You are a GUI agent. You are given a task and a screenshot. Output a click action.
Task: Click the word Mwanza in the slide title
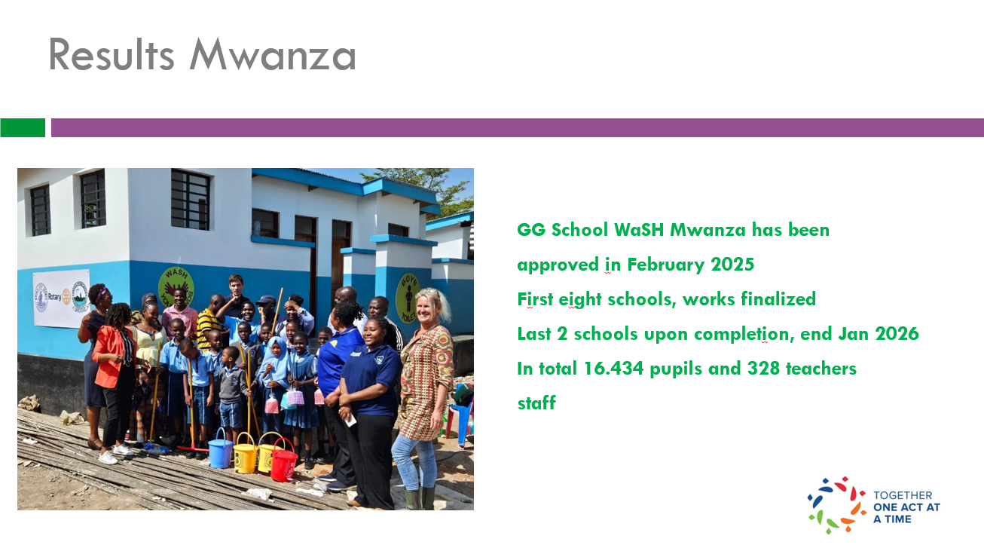(272, 55)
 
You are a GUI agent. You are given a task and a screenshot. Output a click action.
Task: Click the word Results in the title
(112, 55)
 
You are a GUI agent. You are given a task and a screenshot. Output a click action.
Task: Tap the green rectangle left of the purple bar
(23, 127)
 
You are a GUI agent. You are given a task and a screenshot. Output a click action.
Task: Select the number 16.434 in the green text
(614, 369)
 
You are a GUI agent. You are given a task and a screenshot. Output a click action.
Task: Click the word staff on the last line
(536, 403)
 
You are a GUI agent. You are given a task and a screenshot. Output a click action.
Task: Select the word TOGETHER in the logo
(903, 495)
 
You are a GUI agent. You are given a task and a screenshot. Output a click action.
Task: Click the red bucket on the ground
(283, 461)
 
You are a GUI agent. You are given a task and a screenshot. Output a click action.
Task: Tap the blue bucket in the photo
(220, 449)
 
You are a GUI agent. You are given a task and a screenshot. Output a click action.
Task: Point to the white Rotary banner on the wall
(61, 298)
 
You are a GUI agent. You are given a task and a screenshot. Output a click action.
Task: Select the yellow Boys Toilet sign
(408, 298)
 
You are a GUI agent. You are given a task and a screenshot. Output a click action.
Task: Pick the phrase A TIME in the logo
(892, 519)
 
